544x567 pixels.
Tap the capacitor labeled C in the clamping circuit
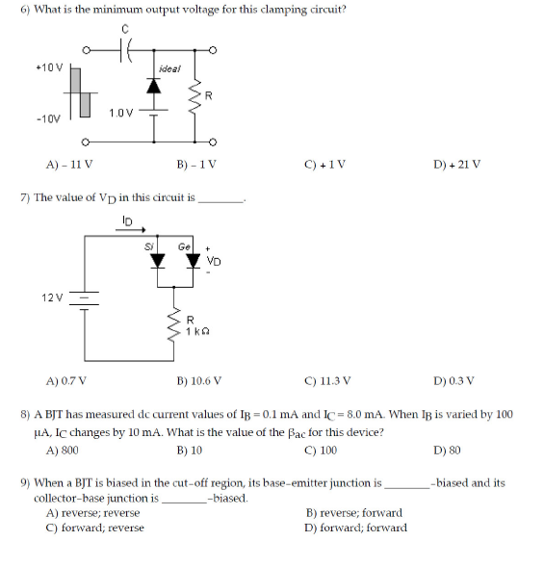(125, 51)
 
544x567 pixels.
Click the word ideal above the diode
(168, 69)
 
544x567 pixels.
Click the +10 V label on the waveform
(48, 68)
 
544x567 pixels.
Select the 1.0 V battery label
(120, 114)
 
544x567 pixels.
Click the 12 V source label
(52, 296)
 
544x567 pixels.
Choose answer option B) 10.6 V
(199, 380)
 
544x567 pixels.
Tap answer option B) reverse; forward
(353, 513)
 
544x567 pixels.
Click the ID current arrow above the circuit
(132, 229)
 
